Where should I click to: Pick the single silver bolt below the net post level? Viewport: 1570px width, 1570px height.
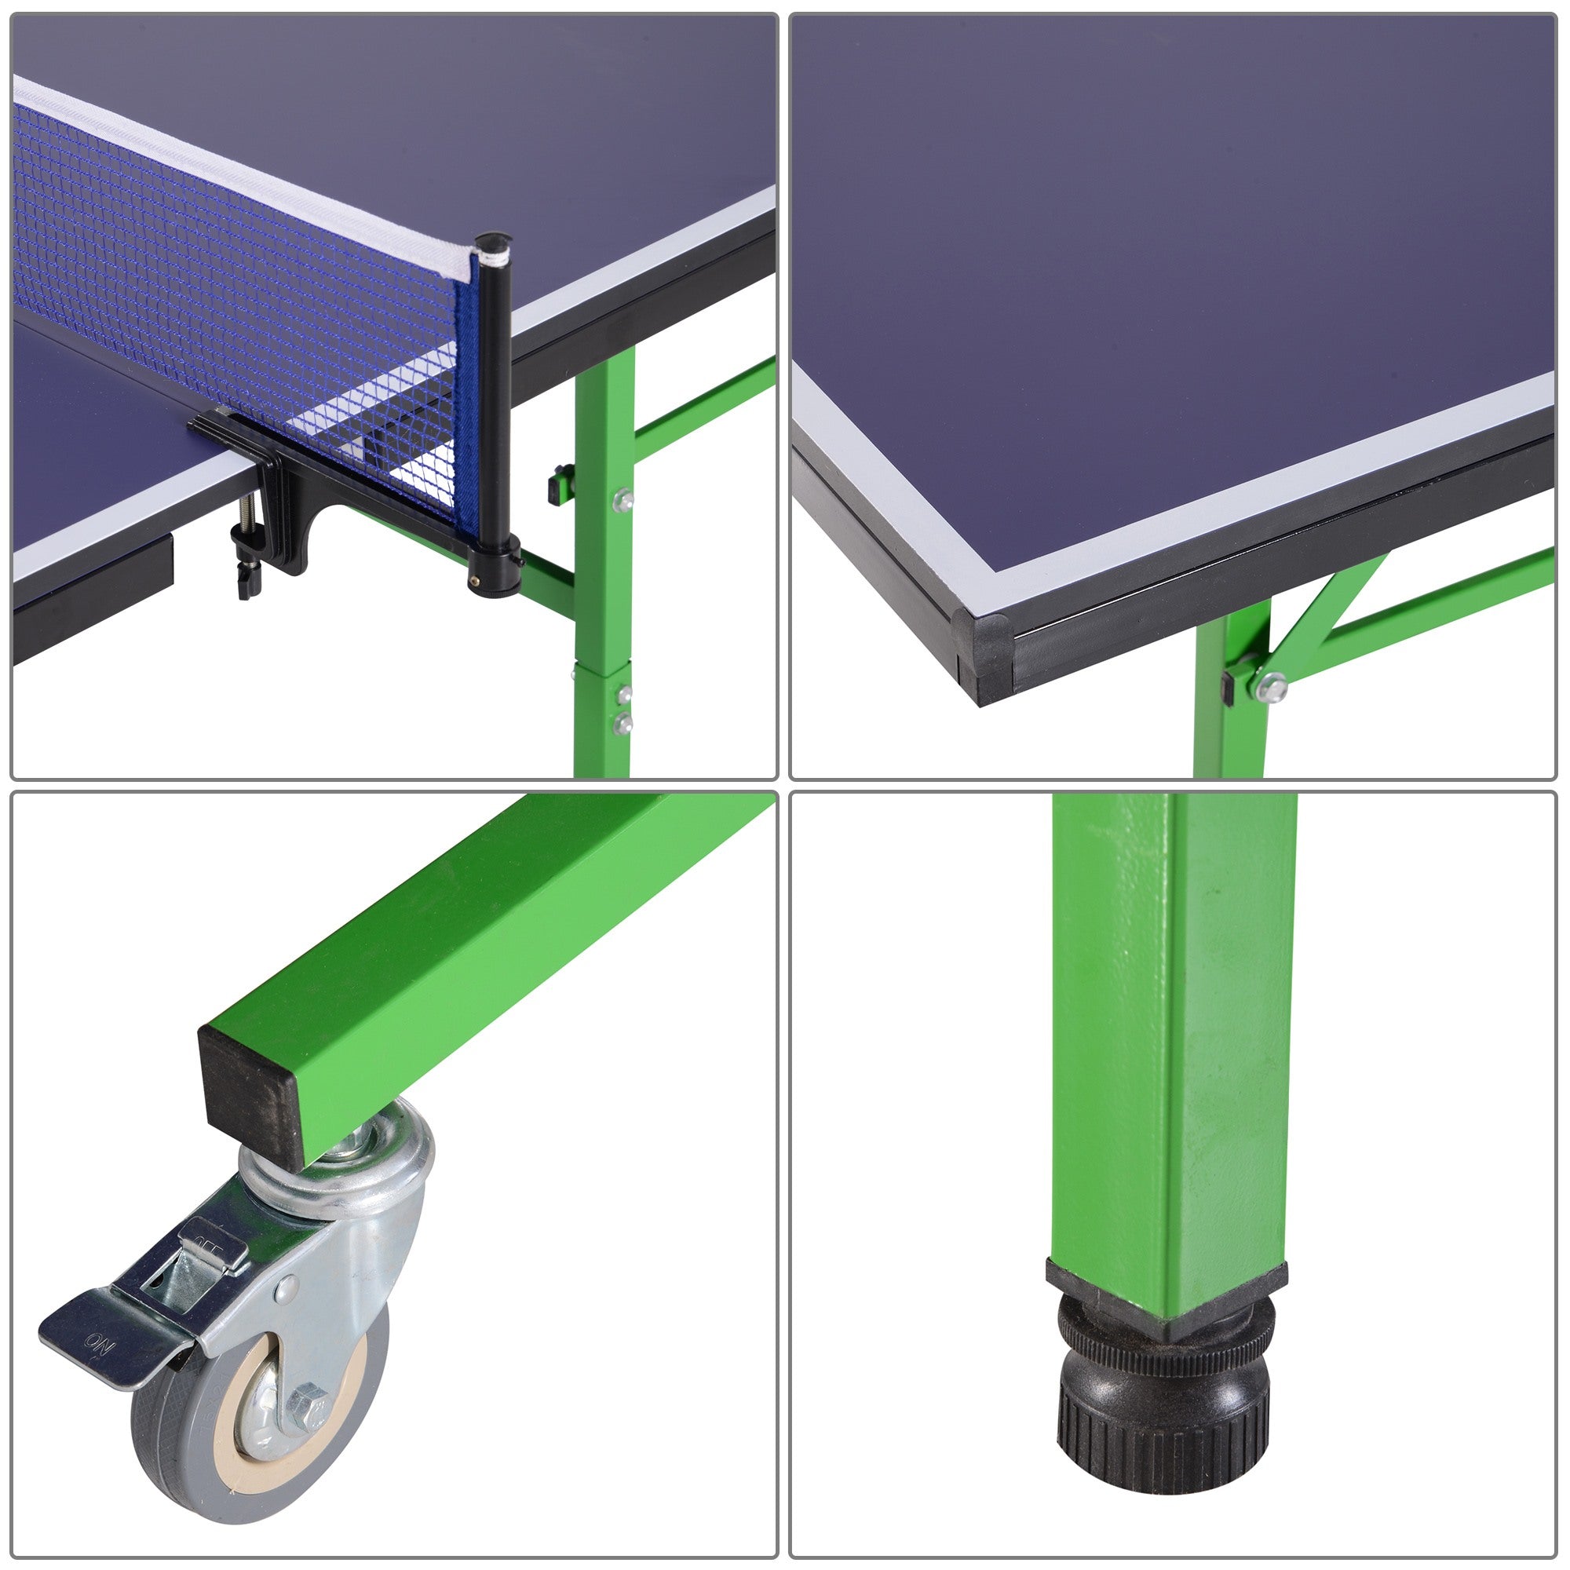point(623,500)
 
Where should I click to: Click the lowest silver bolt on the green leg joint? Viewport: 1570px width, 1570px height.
point(624,721)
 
